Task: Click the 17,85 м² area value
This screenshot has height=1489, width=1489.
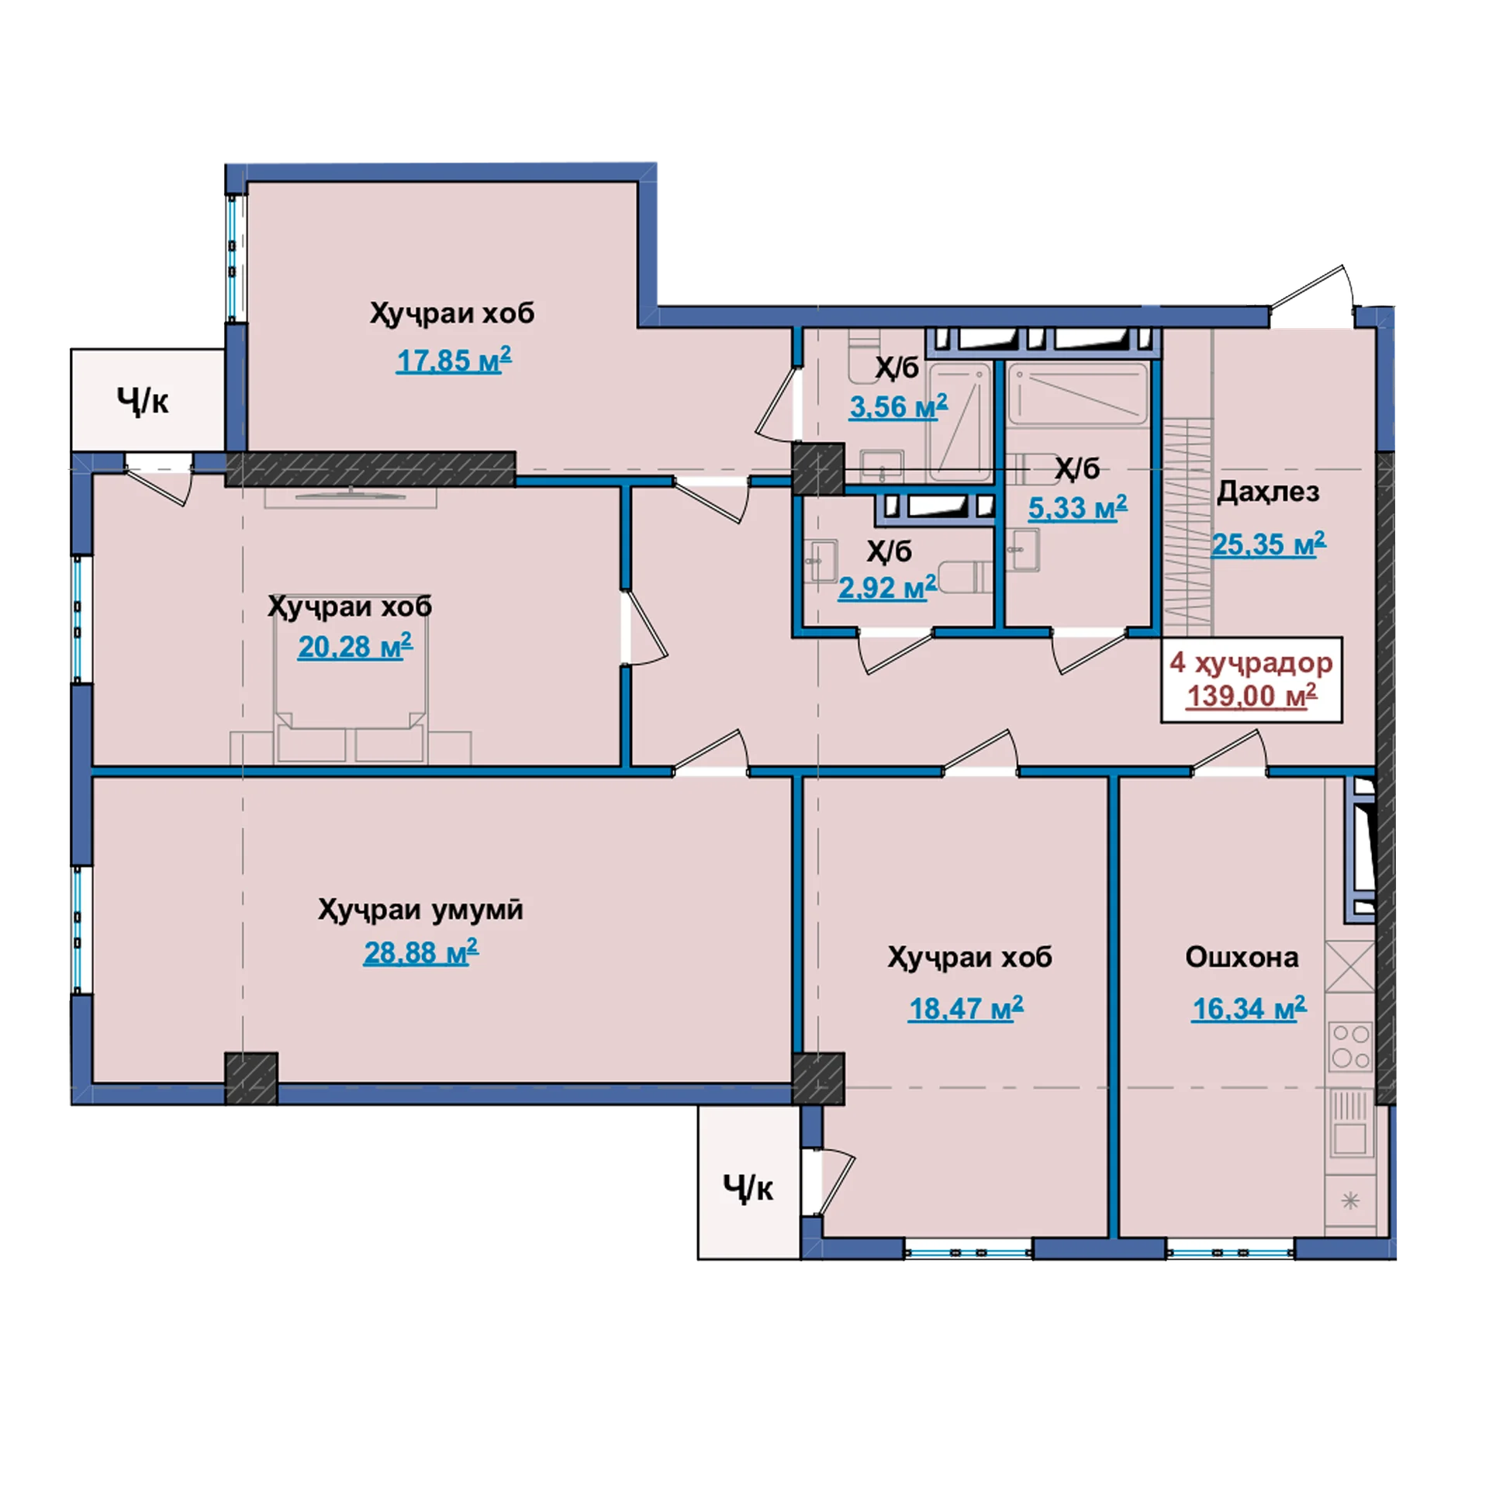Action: [454, 361]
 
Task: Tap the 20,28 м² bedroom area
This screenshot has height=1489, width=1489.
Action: [355, 646]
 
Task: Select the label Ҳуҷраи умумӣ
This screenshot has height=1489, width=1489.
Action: [420, 910]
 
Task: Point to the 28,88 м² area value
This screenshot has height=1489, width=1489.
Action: [421, 952]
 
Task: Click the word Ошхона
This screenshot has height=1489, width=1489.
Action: [1242, 957]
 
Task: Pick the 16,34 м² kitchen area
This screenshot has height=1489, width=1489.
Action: [1249, 1008]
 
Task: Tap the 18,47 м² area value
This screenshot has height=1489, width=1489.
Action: [966, 1008]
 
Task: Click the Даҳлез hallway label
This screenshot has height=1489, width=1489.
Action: [1268, 492]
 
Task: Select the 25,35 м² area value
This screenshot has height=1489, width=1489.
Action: [1269, 544]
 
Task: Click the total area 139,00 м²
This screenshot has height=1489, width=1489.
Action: [1252, 696]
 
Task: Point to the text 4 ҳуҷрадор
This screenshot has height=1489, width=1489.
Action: [1251, 662]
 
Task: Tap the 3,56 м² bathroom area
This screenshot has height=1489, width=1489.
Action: [899, 406]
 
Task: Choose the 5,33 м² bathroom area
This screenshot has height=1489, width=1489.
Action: [1078, 508]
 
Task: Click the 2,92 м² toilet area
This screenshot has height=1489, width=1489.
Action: [888, 588]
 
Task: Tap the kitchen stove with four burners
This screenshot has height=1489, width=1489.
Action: [1351, 1046]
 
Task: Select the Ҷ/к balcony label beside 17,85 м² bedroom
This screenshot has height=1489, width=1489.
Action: [143, 401]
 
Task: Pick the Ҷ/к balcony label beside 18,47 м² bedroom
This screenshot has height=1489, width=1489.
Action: [748, 1188]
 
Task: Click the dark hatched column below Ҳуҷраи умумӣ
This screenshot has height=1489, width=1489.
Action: [251, 1078]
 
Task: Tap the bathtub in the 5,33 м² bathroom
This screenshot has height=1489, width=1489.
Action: [1078, 395]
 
